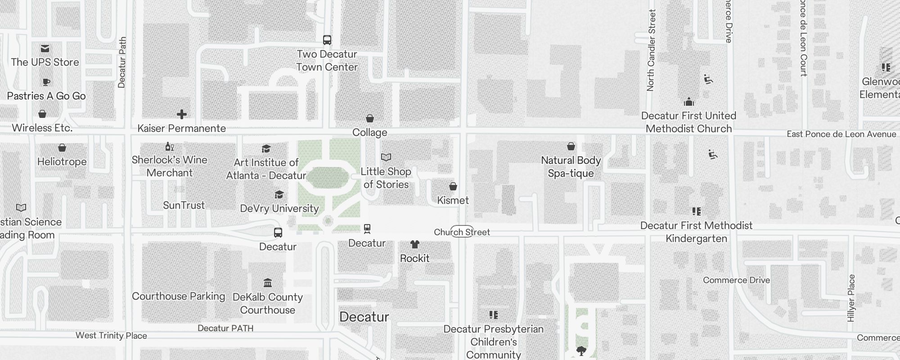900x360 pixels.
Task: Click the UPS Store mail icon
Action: pyautogui.click(x=45, y=49)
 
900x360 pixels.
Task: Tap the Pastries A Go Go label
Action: pyautogui.click(x=46, y=96)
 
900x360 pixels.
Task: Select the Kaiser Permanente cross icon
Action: pyautogui.click(x=182, y=114)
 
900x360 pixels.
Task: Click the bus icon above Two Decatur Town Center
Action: pyautogui.click(x=327, y=40)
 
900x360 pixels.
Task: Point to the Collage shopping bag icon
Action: pyautogui.click(x=370, y=118)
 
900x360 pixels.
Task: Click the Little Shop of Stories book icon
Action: pyautogui.click(x=386, y=157)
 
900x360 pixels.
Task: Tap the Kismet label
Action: pyautogui.click(x=453, y=200)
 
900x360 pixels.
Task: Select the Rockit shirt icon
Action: pyautogui.click(x=415, y=244)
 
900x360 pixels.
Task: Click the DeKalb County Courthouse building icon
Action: pyautogui.click(x=268, y=283)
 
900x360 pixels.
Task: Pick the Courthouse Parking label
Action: pyautogui.click(x=178, y=296)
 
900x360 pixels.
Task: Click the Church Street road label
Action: pyautogui.click(x=462, y=232)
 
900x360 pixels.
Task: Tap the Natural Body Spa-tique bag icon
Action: pyautogui.click(x=571, y=146)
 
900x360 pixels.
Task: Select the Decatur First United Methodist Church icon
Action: pyautogui.click(x=688, y=102)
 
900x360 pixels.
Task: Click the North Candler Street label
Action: pyautogui.click(x=651, y=50)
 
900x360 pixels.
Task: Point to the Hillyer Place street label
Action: pyautogui.click(x=851, y=298)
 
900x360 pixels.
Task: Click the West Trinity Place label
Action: pyautogui.click(x=111, y=336)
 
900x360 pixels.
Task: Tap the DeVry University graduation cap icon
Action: pyautogui.click(x=279, y=194)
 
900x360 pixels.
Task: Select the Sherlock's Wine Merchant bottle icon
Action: pyautogui.click(x=169, y=146)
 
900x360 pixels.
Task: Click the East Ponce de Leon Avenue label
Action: pyautogui.click(x=841, y=134)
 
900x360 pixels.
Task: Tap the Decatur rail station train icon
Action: pyautogui.click(x=367, y=229)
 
